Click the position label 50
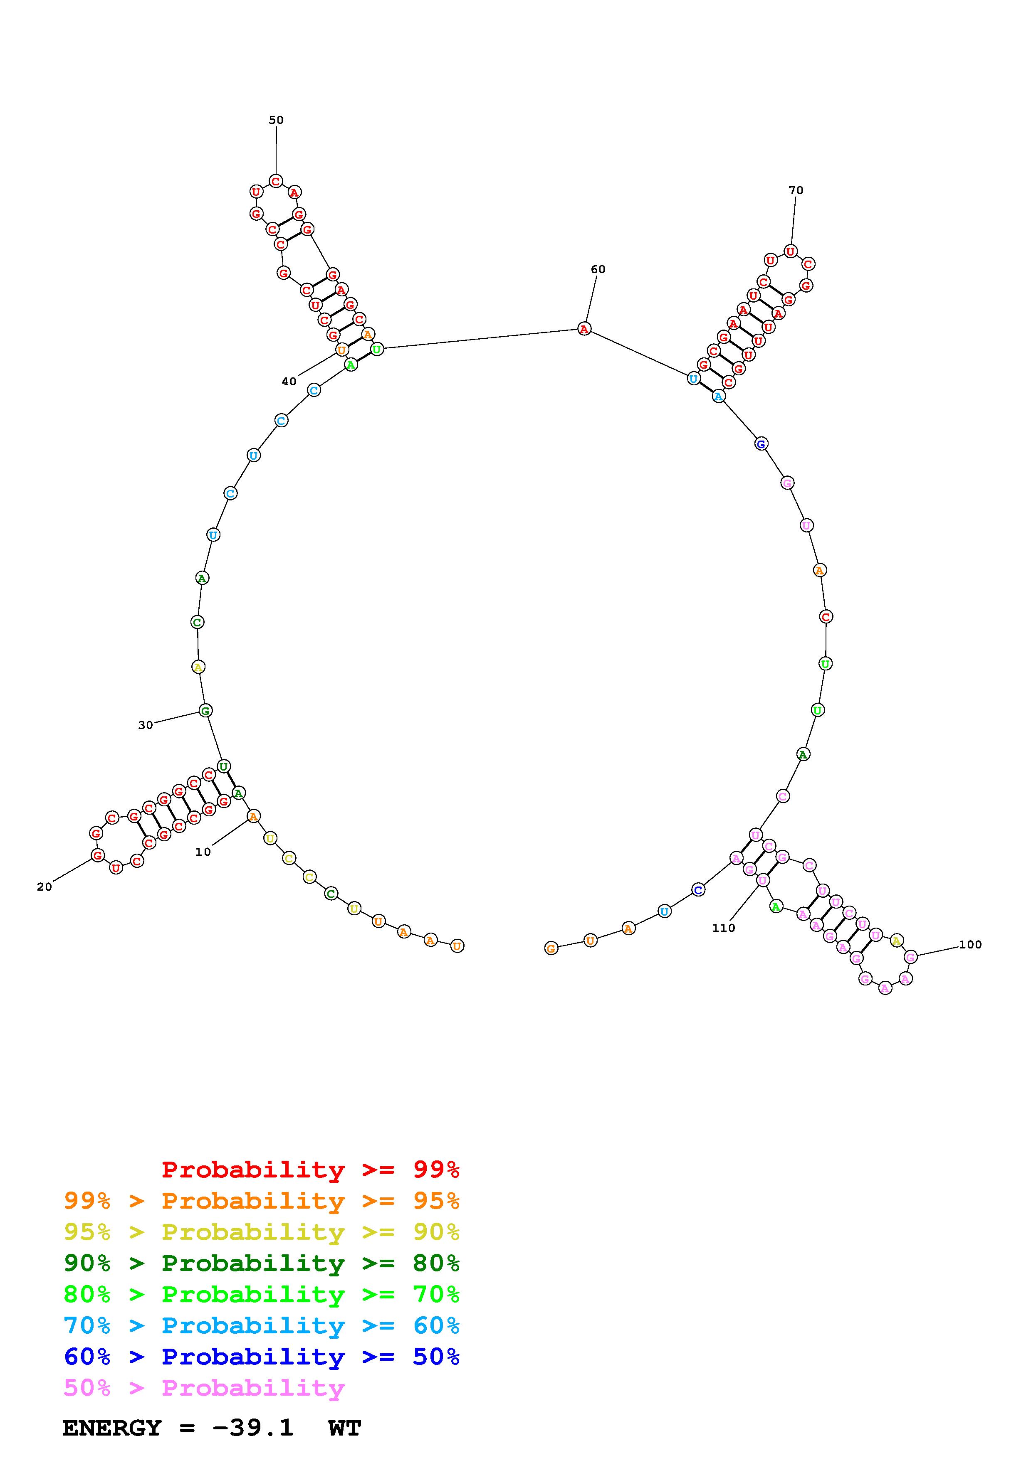(276, 120)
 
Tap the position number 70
(796, 190)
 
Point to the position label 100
(970, 944)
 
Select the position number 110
(724, 928)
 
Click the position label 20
(45, 887)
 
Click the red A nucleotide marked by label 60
(584, 329)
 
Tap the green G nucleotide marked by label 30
(205, 711)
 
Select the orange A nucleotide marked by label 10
(253, 816)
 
